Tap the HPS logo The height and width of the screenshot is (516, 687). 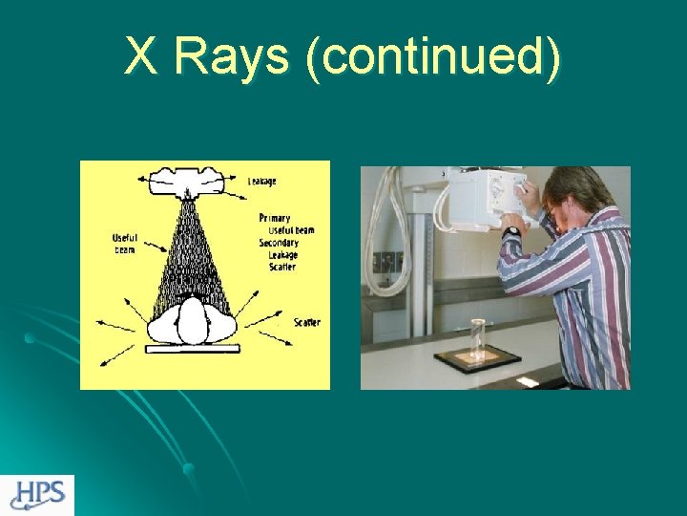point(37,494)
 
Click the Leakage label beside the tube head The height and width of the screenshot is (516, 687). point(263,182)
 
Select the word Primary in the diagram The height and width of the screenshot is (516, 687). point(274,218)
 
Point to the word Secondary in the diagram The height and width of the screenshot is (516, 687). point(279,243)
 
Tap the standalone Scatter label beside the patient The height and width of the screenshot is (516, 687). point(306,322)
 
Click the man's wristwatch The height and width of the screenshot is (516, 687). point(512,231)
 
